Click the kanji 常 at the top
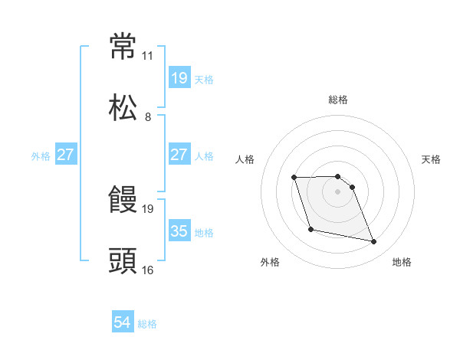coord(123,47)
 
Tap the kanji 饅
coord(123,201)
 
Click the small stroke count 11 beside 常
coord(147,56)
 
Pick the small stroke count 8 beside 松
coord(147,117)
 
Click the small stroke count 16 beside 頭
coord(147,270)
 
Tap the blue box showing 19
coord(179,78)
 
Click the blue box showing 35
coord(179,231)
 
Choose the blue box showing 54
coord(123,323)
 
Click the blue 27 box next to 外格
coord(66,155)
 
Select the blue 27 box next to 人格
coord(179,155)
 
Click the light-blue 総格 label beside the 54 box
coord(147,324)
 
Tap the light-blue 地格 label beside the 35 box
coord(204,232)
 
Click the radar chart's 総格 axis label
coord(338,100)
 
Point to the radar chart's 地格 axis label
coord(402,262)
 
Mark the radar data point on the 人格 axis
coord(294,178)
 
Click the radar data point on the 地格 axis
coord(373,242)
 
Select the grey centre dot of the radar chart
coord(337,191)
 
